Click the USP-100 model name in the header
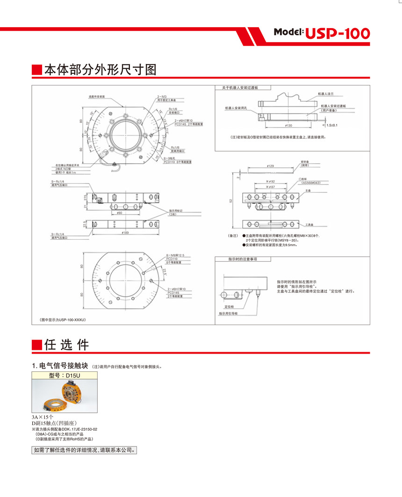338,33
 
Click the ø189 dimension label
125,232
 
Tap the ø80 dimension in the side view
119,213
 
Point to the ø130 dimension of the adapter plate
288,126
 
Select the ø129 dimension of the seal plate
270,166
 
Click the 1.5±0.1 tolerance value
332,125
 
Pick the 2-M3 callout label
162,96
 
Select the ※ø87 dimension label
270,186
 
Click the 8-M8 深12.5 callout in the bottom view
176,255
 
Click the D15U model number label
65,375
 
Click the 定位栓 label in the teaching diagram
229,307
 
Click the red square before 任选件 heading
36,345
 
